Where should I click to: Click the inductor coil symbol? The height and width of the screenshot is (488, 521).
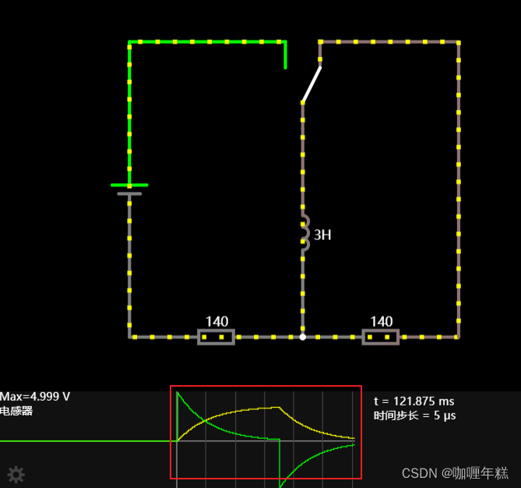[x=304, y=232]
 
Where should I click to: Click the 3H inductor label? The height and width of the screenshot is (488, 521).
[x=322, y=234]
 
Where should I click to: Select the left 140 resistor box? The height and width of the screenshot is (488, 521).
[x=216, y=337]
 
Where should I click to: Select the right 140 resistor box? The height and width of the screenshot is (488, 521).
[x=381, y=337]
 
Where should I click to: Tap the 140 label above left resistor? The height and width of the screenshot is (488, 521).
[x=216, y=321]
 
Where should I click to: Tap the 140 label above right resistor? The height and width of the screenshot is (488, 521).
[x=381, y=321]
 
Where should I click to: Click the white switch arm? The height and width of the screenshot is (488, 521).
[x=312, y=84]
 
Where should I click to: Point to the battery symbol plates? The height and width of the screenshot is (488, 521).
[x=129, y=189]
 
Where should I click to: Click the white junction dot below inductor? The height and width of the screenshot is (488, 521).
[x=303, y=337]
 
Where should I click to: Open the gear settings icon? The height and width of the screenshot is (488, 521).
[x=16, y=474]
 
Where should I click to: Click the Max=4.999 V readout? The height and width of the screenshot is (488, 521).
[x=35, y=397]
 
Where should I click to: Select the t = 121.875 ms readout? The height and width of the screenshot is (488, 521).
[x=414, y=401]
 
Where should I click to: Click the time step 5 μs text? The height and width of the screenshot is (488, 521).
[x=414, y=416]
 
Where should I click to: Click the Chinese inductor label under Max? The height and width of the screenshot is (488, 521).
[x=17, y=411]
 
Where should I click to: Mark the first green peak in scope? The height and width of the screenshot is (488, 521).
[x=178, y=394]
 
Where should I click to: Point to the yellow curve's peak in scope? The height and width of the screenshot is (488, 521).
[x=278, y=407]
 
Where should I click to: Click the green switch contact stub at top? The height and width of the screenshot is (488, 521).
[x=285, y=55]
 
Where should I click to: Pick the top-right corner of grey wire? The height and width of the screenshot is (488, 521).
[x=458, y=42]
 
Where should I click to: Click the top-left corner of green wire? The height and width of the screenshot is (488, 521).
[x=129, y=42]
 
